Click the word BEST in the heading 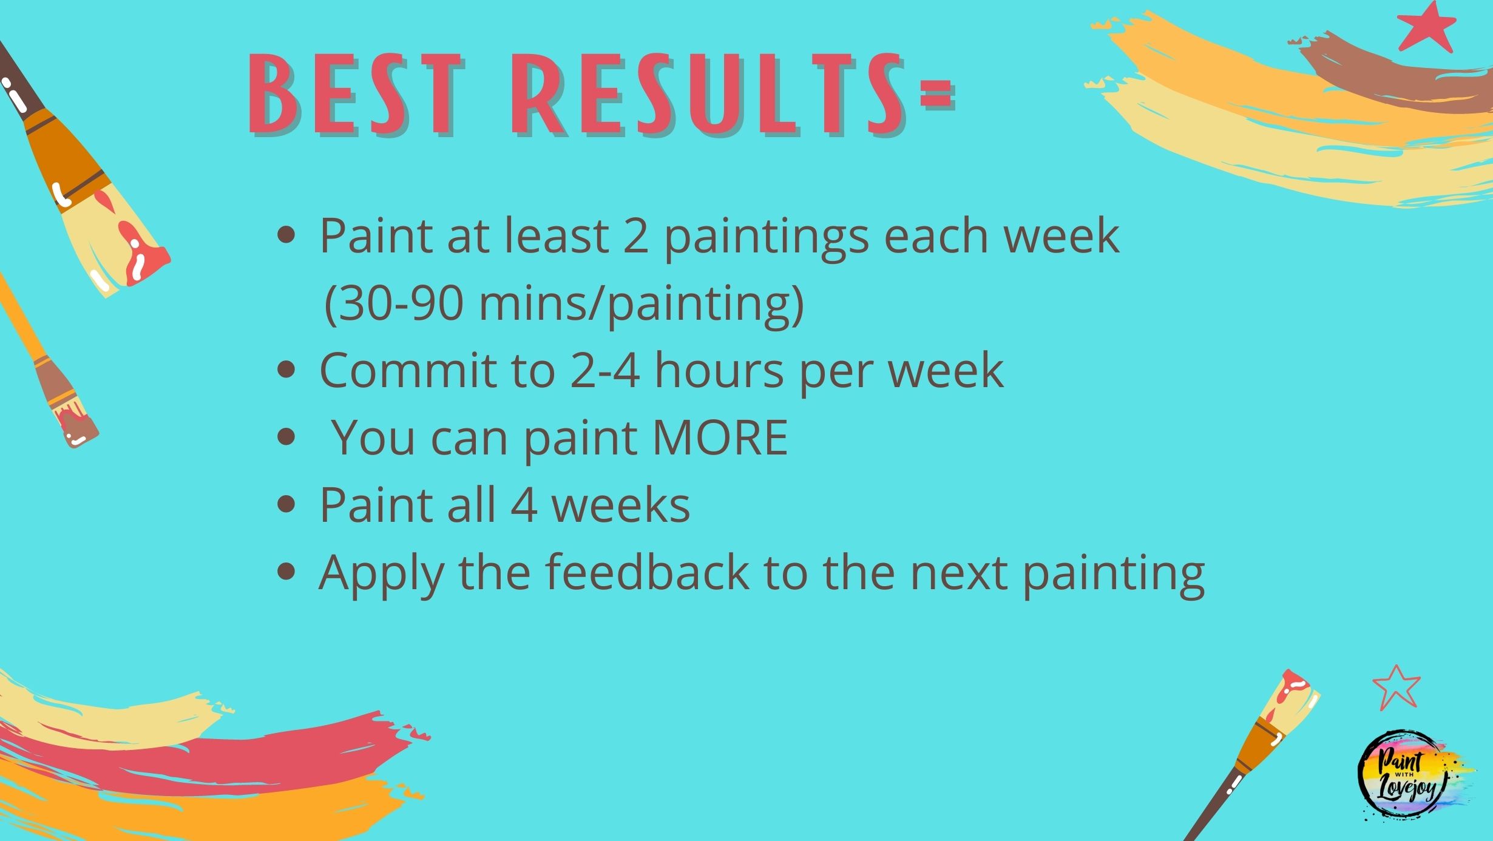355,95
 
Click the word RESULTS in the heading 708,95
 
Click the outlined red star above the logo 1396,687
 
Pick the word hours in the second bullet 719,370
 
